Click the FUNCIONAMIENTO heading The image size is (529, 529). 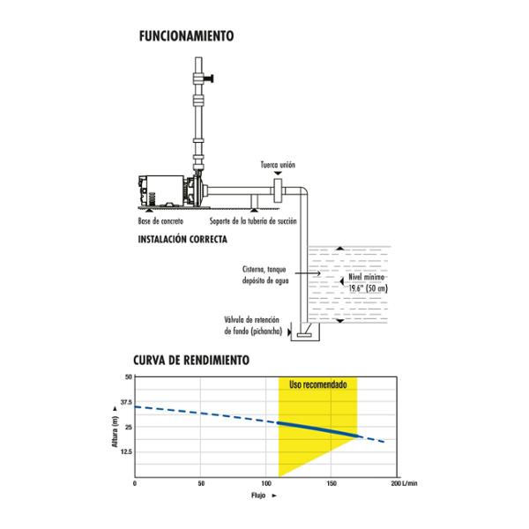click(x=187, y=36)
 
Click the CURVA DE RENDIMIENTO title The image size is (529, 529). click(x=191, y=360)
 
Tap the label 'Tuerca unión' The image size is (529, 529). click(x=278, y=165)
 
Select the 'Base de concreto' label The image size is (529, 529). click(x=160, y=221)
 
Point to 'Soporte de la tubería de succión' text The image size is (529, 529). click(x=253, y=221)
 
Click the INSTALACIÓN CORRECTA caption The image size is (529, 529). click(x=183, y=239)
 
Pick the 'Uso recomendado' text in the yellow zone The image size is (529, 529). click(x=317, y=384)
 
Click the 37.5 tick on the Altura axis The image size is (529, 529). click(x=126, y=402)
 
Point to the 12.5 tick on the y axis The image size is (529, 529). click(x=126, y=451)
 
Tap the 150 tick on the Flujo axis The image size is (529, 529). click(x=332, y=483)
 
